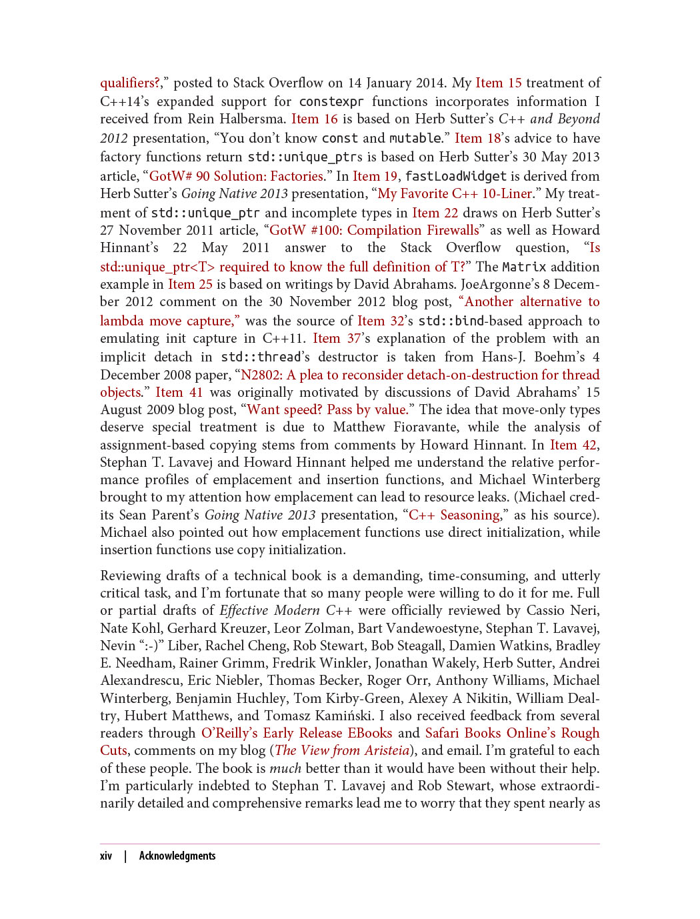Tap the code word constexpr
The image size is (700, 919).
pos(331,101)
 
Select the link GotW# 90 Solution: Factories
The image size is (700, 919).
pos(237,176)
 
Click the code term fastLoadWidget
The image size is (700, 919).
pos(455,176)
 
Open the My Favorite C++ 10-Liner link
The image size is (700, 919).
pos(455,193)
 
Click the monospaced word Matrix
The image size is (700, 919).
pos(524,267)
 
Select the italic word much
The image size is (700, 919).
pos(285,768)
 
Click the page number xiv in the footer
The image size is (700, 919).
pos(106,856)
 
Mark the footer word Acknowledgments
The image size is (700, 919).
pos(177,856)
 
